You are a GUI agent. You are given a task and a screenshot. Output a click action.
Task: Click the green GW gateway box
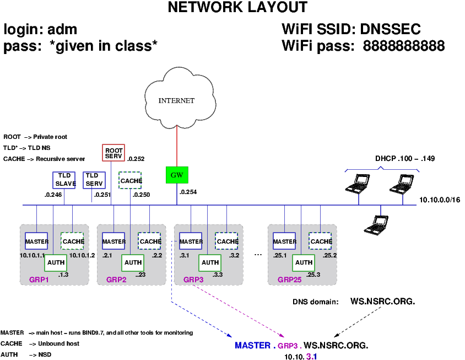[x=177, y=175]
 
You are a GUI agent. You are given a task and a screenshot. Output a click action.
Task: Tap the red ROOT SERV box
[x=113, y=153]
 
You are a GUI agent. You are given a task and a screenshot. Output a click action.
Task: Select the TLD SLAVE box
[x=65, y=180]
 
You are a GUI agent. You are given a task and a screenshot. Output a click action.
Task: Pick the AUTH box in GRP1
[x=55, y=262]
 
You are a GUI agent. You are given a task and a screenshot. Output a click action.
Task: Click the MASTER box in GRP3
[x=191, y=241]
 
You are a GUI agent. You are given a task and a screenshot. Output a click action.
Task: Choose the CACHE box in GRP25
[x=321, y=241]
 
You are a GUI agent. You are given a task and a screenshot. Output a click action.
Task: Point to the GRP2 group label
[x=116, y=280]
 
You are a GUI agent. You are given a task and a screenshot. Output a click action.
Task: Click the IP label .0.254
[x=188, y=192]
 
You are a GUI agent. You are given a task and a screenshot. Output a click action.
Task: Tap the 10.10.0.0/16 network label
[x=439, y=200]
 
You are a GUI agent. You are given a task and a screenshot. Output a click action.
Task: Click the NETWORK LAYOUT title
[x=237, y=8]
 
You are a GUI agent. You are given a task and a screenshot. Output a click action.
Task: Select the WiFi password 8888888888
[x=403, y=46]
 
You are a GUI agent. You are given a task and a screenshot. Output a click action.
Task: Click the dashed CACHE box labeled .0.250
[x=131, y=181]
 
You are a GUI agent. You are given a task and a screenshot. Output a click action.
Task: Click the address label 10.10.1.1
[x=31, y=255]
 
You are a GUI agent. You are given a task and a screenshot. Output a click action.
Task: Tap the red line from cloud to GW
[x=176, y=146]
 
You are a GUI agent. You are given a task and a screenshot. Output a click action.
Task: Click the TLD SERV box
[x=94, y=180]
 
